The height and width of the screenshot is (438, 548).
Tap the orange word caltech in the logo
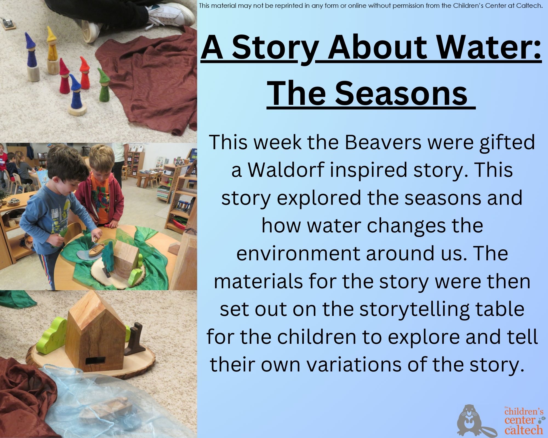point(524,430)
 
